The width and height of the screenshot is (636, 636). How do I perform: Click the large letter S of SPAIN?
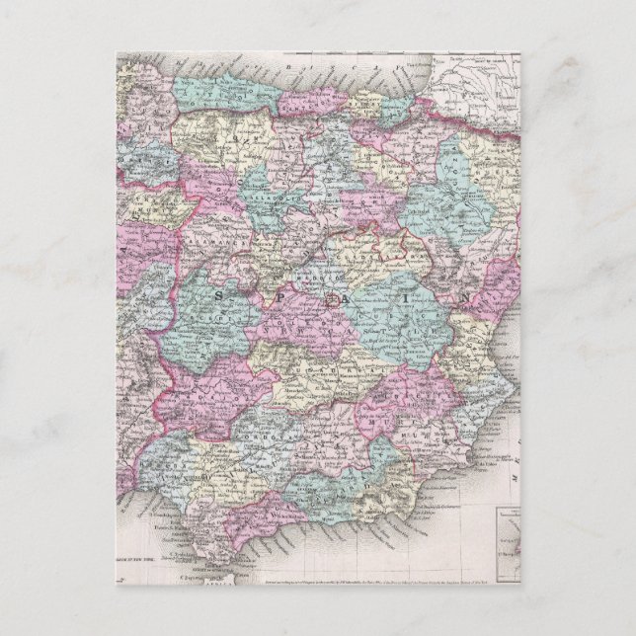(x=218, y=295)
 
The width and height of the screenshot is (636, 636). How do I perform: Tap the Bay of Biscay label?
(x=296, y=64)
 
